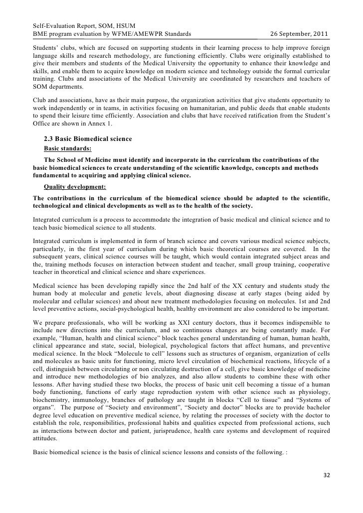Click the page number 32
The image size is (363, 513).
click(x=327, y=488)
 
